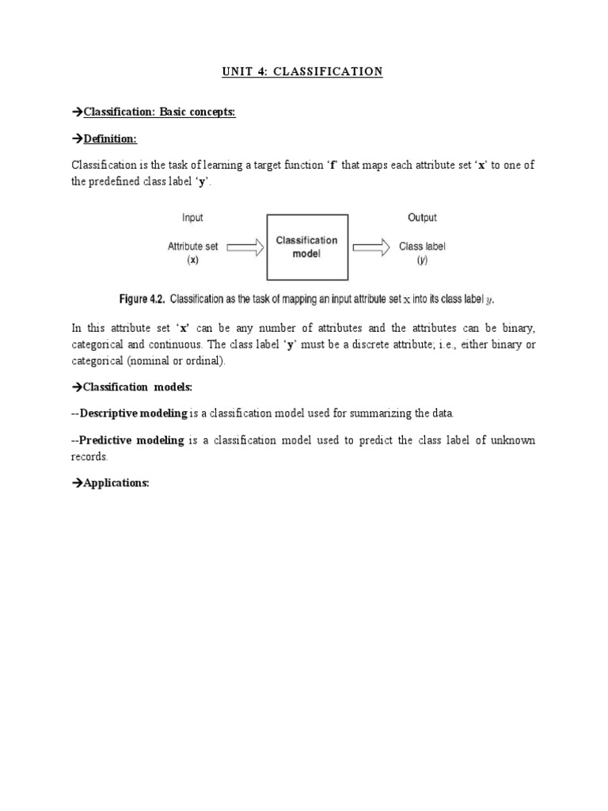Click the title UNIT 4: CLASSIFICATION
click(x=303, y=72)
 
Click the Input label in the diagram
click(x=192, y=218)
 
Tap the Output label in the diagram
click(x=422, y=218)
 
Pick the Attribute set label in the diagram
click(x=192, y=246)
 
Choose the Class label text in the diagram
click(x=422, y=246)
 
